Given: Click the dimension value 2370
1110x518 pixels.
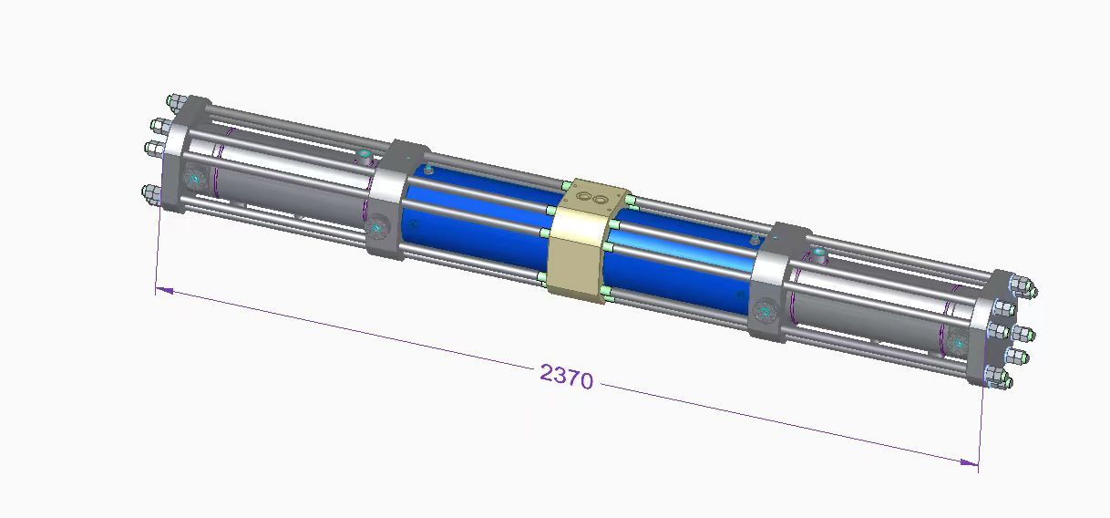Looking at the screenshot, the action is (567, 377).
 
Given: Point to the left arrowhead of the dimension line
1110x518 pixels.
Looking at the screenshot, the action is (164, 291).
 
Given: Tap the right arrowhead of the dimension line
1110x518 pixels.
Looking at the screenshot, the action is (970, 463).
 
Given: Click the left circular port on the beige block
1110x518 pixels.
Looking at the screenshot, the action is (585, 197).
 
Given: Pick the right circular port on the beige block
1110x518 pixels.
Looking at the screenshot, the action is (600, 201).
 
